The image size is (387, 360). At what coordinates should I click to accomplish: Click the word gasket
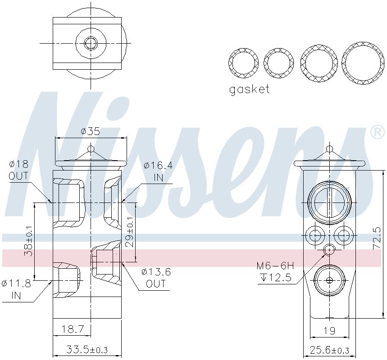pos(249,89)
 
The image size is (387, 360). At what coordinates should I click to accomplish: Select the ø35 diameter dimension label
pos(91,131)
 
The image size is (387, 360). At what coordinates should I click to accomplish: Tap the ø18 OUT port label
pos(18,170)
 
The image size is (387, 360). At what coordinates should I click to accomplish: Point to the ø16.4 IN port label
pos(158,171)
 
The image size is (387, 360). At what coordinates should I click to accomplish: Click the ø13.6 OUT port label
pos(156,278)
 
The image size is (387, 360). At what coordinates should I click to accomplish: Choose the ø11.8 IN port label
pos(16,289)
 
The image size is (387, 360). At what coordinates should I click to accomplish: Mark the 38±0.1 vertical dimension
pos(28,241)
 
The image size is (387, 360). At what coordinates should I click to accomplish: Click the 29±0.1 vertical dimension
pos(130,232)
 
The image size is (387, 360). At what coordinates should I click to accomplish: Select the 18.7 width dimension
pos(73,329)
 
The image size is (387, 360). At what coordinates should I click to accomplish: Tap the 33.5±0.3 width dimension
pos(87,349)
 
